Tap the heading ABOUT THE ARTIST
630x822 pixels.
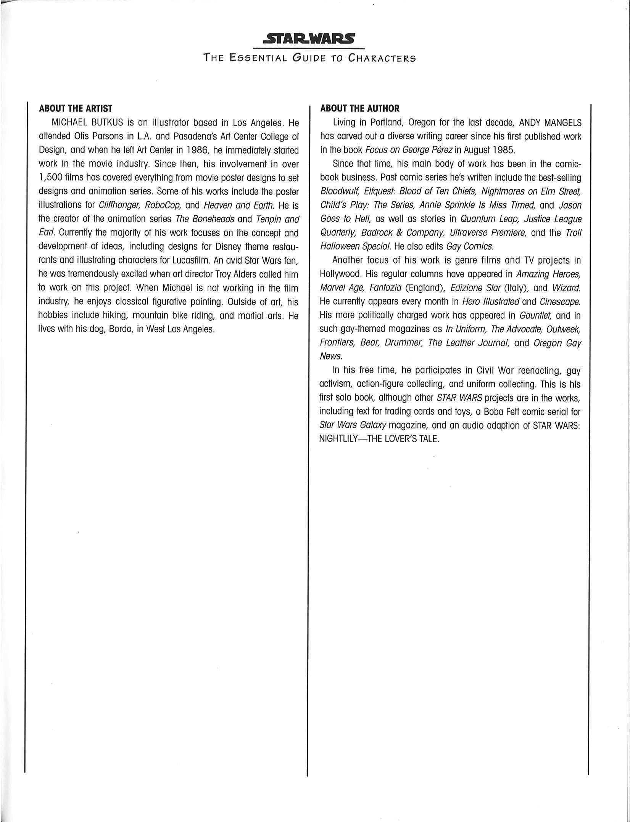pos(76,109)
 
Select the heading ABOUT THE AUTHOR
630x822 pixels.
pos(359,109)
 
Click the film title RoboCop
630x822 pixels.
pos(163,205)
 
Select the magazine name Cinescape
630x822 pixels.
pos(560,302)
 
